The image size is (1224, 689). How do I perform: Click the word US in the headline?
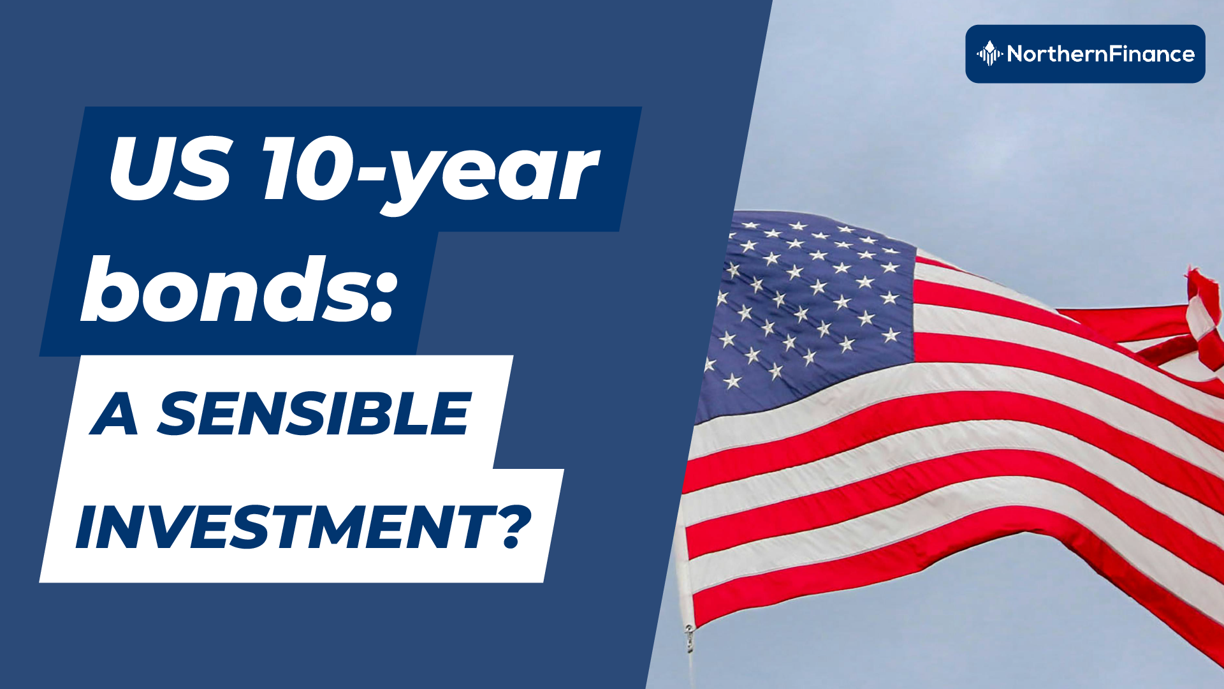tap(170, 168)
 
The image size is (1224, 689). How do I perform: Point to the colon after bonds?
tap(381, 299)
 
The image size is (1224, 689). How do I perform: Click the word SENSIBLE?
tap(314, 414)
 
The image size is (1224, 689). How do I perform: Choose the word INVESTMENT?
tap(286, 527)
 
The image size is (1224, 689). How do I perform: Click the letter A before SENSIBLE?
tap(115, 414)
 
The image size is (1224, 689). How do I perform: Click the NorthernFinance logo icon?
tap(989, 54)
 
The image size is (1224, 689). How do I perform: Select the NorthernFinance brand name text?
tap(1101, 54)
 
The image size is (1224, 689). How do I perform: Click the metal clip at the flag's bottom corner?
tap(689, 638)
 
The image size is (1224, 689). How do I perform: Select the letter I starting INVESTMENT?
tap(87, 527)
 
